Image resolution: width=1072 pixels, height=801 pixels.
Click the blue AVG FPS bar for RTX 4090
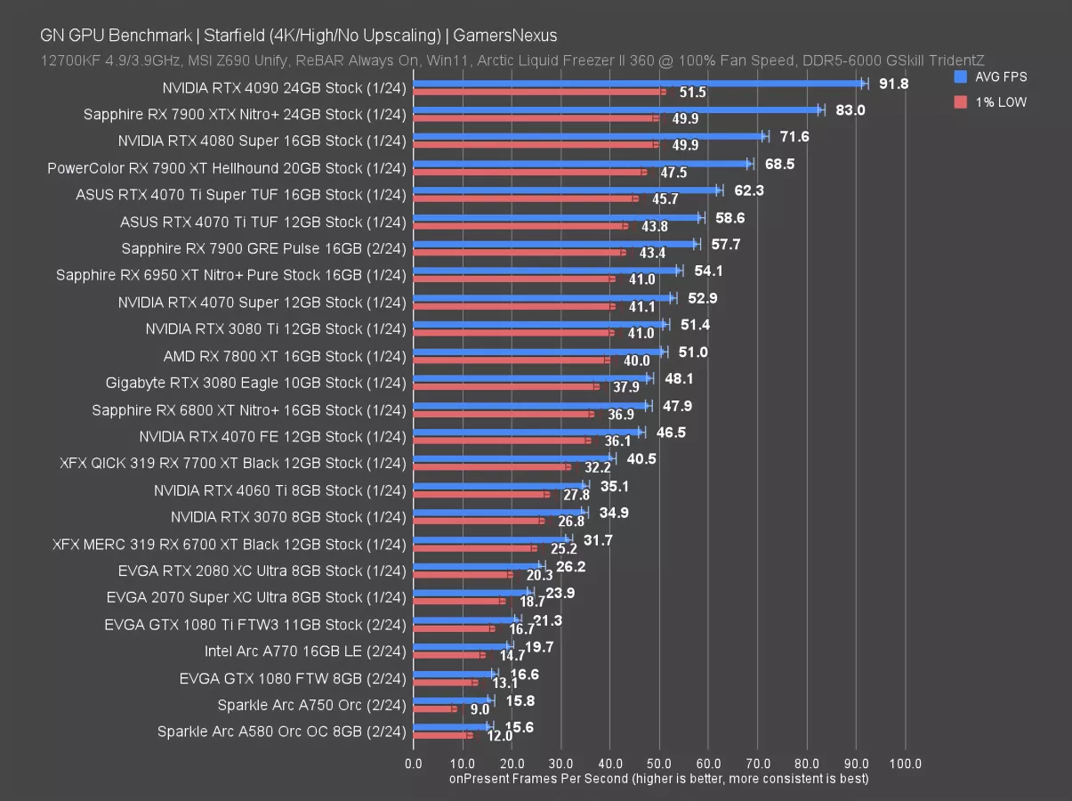click(636, 84)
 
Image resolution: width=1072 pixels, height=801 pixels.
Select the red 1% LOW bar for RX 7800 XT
click(509, 360)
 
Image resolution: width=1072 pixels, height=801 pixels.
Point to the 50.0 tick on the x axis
click(658, 764)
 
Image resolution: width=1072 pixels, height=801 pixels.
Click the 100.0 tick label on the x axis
click(905, 764)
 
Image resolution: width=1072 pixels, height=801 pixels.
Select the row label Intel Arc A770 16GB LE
click(305, 651)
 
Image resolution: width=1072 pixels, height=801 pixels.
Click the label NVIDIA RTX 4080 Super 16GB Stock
click(262, 141)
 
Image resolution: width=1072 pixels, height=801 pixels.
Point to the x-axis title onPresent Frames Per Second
click(658, 779)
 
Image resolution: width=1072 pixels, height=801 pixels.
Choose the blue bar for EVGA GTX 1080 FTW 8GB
click(454, 674)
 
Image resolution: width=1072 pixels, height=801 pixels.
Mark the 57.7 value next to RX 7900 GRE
click(726, 244)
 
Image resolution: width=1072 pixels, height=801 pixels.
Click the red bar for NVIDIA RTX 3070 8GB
click(476, 521)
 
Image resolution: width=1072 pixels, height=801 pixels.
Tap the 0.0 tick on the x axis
click(414, 764)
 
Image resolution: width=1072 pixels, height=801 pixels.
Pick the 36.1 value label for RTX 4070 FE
click(617, 441)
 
